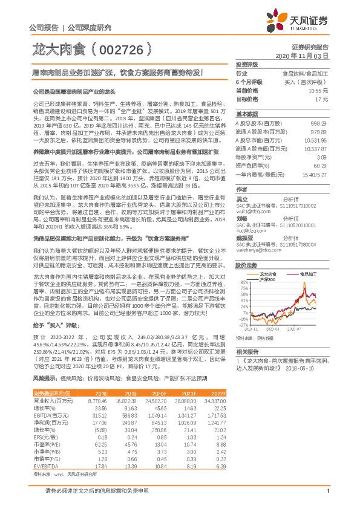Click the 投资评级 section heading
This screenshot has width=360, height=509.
(x=247, y=64)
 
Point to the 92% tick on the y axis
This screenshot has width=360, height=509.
(x=243, y=282)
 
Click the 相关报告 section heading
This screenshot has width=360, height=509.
(x=247, y=352)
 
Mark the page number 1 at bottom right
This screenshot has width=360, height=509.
(x=327, y=498)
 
